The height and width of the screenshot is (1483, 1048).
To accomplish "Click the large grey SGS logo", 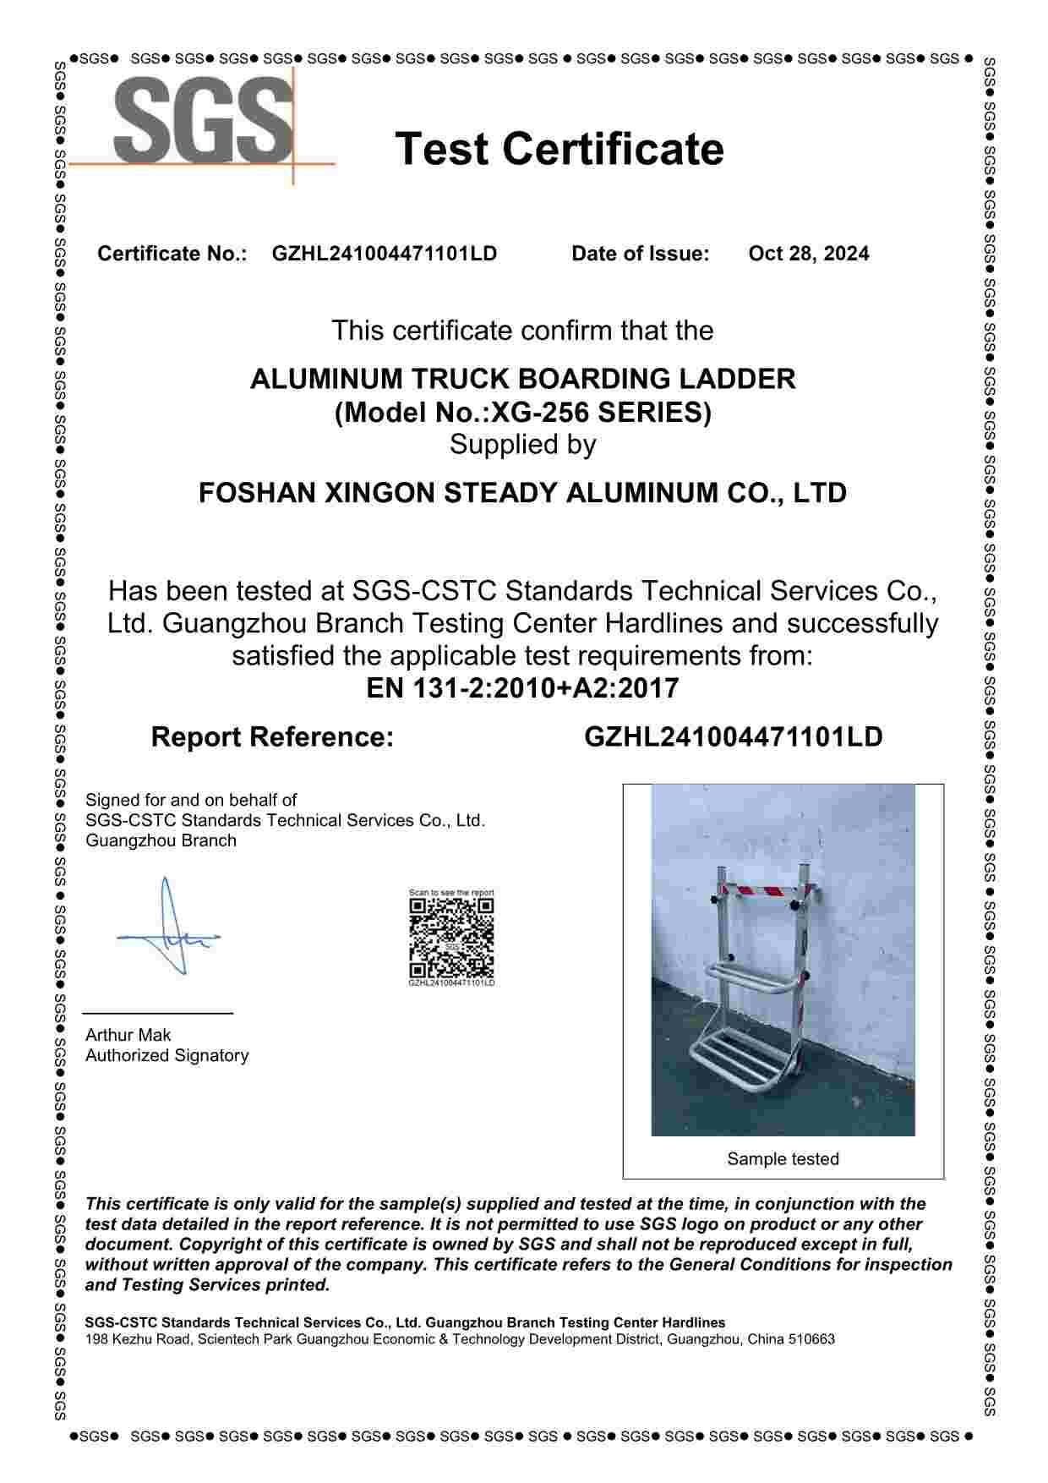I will click(203, 120).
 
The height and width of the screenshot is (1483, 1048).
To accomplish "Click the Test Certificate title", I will click(559, 149).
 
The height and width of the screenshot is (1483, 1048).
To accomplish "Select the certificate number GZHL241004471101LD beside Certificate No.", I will click(384, 254).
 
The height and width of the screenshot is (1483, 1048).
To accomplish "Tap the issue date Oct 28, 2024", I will click(808, 254).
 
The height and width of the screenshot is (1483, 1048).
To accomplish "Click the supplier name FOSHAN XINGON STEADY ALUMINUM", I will click(522, 493).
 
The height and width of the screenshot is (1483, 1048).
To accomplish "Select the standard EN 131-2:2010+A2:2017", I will click(522, 688).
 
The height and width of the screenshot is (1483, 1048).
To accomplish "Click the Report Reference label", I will click(272, 737).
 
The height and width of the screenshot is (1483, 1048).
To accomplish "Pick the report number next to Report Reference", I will click(733, 737).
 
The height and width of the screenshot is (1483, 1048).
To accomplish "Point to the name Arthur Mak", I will click(128, 1035).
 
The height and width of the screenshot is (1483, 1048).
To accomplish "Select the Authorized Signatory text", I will click(166, 1055).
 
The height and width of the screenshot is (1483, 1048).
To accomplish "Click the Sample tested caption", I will click(783, 1159).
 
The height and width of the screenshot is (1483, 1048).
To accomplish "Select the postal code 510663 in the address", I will click(811, 1339).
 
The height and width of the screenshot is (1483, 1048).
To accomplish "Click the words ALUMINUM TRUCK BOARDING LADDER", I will click(522, 379).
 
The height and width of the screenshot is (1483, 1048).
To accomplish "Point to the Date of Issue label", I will click(640, 254).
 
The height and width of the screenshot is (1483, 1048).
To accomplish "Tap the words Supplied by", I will click(522, 445).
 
